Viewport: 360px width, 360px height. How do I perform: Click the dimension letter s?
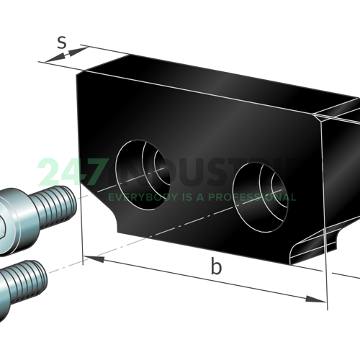coord(63,44)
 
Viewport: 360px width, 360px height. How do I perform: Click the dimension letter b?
coord(216,267)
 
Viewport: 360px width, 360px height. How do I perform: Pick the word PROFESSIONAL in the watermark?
coord(256,197)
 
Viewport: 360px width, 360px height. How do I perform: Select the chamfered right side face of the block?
coord(338,180)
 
